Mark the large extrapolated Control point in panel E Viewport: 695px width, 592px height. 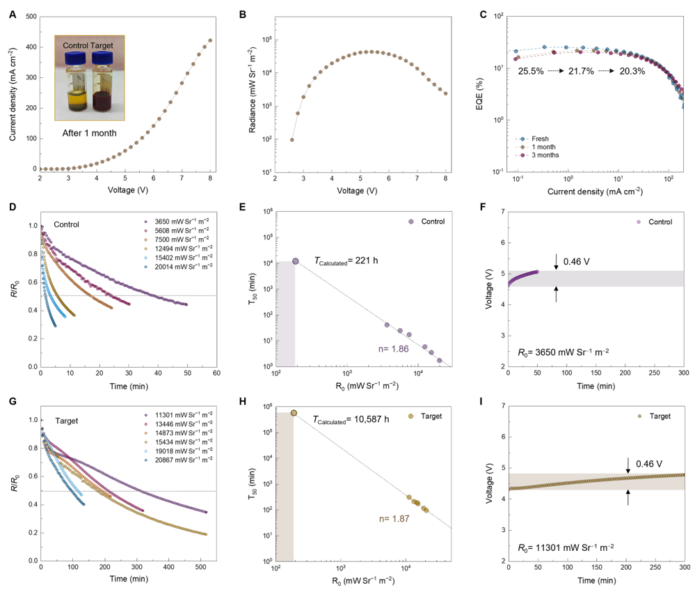click(296, 261)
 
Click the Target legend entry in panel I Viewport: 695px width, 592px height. click(653, 416)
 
